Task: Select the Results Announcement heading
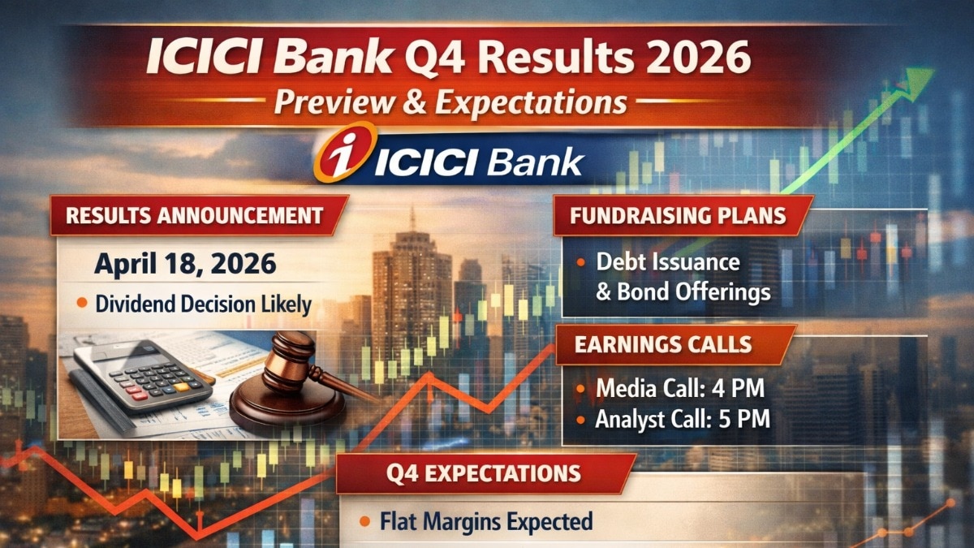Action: tap(194, 216)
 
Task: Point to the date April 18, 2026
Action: tap(186, 264)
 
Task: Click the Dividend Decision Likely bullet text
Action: tap(203, 304)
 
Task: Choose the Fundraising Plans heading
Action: tap(677, 217)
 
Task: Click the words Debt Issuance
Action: tap(668, 262)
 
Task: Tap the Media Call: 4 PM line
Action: tap(679, 389)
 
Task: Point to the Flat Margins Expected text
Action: tap(486, 520)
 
